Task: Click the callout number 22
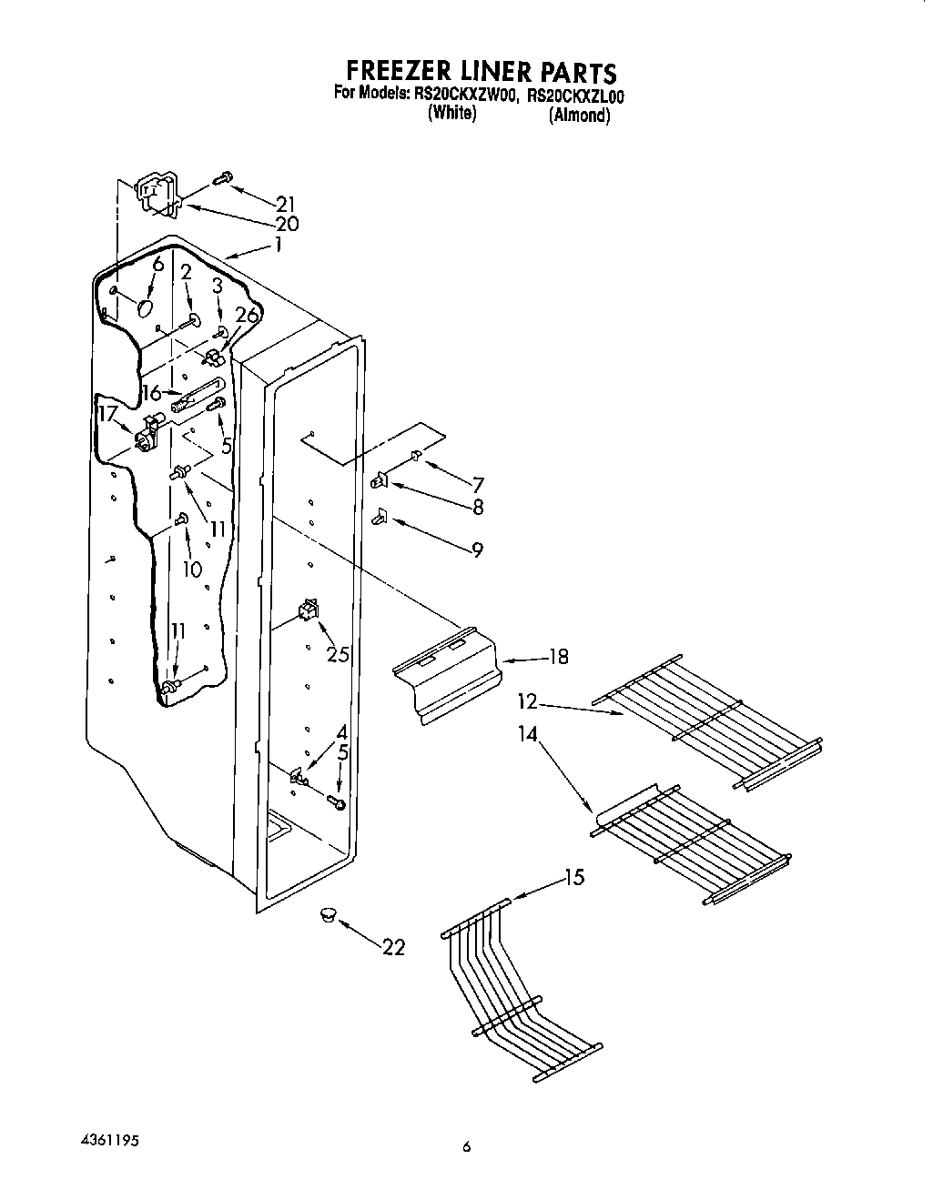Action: pyautogui.click(x=393, y=947)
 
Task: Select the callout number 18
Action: pyautogui.click(x=558, y=656)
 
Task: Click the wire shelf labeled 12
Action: pyautogui.click(x=710, y=723)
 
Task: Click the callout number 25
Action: pyautogui.click(x=338, y=654)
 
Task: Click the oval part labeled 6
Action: pyautogui.click(x=145, y=307)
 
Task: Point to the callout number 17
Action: pyautogui.click(x=108, y=415)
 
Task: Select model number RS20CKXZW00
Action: pyautogui.click(x=462, y=94)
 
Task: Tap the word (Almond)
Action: pyautogui.click(x=578, y=116)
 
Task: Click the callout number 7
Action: pyautogui.click(x=477, y=485)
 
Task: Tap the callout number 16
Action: pyautogui.click(x=152, y=393)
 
